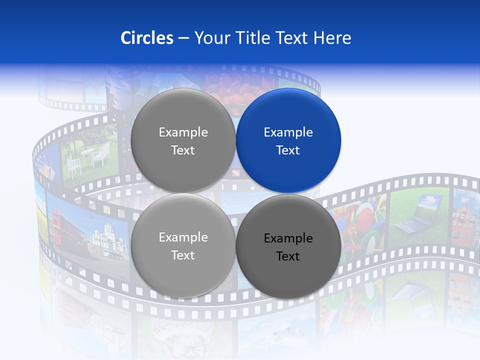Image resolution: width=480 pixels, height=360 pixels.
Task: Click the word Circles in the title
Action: pos(146,38)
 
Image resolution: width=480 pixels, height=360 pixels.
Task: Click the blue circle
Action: pos(288,140)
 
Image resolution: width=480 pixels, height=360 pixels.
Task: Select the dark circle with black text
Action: pos(288,246)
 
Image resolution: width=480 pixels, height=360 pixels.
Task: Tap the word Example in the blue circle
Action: pos(288,132)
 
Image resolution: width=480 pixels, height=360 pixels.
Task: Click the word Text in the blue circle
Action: pos(288,150)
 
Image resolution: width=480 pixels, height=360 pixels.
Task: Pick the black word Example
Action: pos(288,238)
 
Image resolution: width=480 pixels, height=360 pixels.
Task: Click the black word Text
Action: pos(288,256)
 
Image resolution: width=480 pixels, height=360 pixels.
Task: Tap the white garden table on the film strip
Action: pos(87,157)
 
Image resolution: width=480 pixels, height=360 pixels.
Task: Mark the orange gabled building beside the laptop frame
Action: pos(465,219)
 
